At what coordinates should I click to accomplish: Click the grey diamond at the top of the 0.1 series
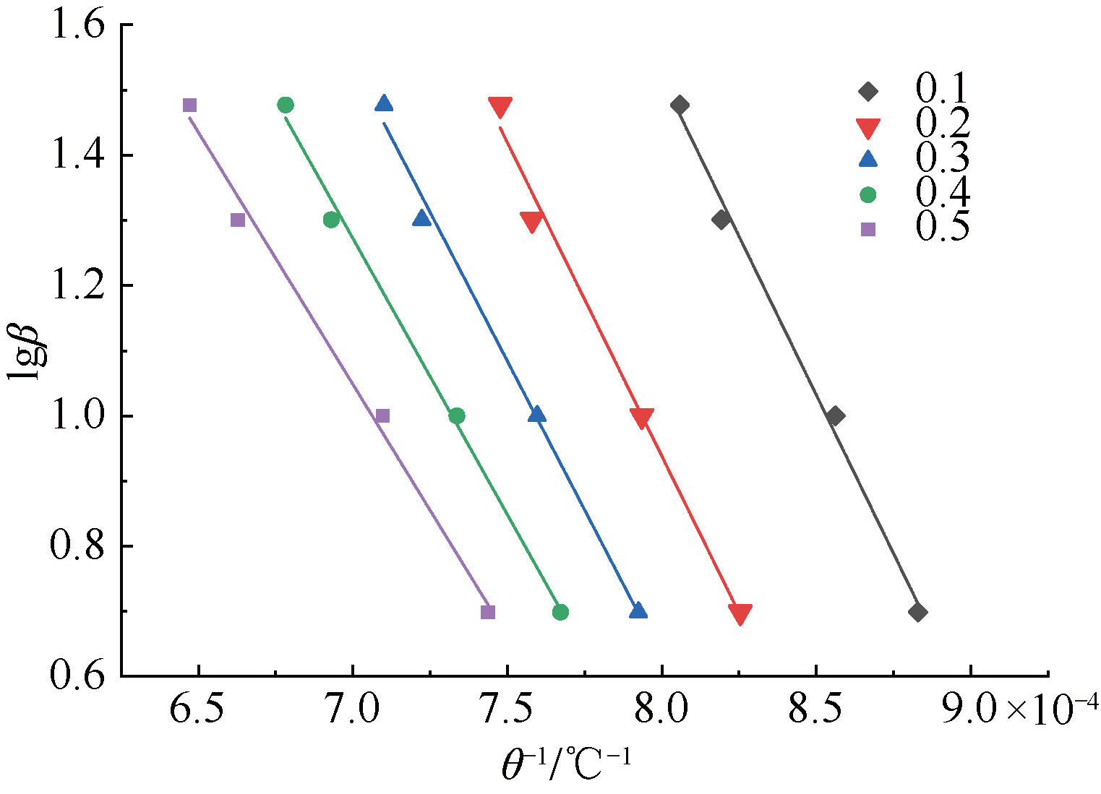(680, 105)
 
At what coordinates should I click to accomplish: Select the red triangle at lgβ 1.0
(641, 418)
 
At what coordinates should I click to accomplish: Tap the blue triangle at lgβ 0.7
(638, 611)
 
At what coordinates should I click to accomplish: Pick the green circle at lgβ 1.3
(331, 220)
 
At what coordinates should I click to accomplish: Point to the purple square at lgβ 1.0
(382, 415)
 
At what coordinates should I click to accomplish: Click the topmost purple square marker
(189, 105)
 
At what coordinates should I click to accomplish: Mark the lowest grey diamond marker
(918, 613)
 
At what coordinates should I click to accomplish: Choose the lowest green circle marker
(560, 613)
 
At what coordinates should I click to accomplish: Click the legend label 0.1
(941, 90)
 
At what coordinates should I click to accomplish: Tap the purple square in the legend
(867, 229)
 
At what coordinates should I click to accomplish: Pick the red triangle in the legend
(867, 128)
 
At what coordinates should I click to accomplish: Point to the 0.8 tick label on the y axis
(78, 547)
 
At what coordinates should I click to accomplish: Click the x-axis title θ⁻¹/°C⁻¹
(567, 764)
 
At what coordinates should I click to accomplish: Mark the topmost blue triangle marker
(384, 104)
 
